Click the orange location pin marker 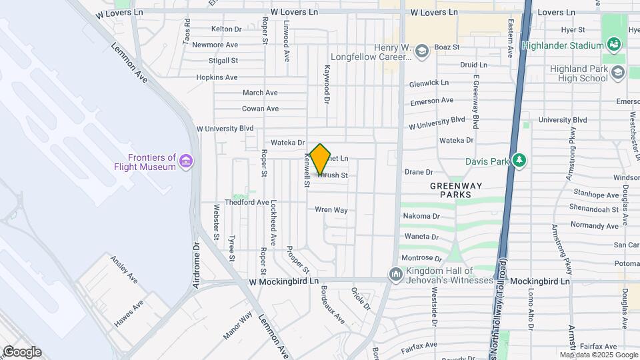[321, 159]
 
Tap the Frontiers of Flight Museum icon [186, 161]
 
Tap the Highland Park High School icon [617, 73]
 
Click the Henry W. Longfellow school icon [421, 51]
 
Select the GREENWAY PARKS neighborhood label [451, 190]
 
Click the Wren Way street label [331, 210]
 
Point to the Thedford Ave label [247, 202]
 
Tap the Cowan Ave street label [260, 109]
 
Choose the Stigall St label [223, 61]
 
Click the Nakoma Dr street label [421, 216]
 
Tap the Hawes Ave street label [129, 314]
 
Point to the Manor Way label [241, 325]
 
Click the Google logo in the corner [21, 352]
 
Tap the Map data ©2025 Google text [598, 355]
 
